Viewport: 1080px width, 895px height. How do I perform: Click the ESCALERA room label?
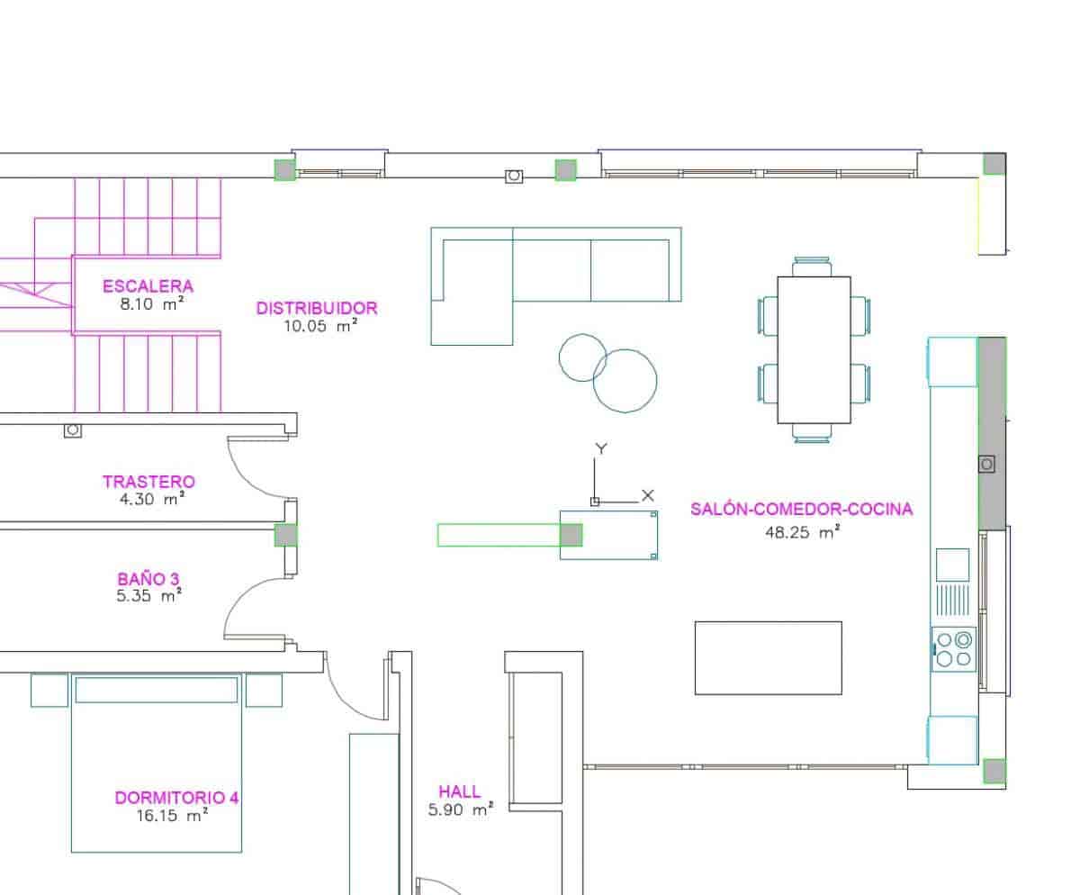[x=148, y=286]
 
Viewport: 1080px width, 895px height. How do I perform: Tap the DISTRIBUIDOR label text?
[x=317, y=308]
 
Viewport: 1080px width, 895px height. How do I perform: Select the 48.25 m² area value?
[x=802, y=532]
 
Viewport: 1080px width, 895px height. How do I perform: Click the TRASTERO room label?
[x=148, y=482]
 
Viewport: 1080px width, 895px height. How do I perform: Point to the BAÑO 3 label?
[x=148, y=578]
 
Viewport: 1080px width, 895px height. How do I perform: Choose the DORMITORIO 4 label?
[x=176, y=798]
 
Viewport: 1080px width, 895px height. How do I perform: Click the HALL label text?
[x=460, y=791]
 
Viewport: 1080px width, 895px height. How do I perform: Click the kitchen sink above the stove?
[x=953, y=565]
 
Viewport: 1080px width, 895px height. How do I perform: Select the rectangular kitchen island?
[x=768, y=657]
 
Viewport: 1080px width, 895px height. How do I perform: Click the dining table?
[x=814, y=349]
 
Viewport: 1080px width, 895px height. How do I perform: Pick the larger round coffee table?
[x=625, y=381]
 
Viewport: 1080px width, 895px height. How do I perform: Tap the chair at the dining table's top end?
[x=813, y=267]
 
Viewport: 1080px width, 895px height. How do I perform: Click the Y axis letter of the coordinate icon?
[x=602, y=448]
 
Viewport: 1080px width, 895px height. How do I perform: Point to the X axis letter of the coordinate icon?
[x=648, y=495]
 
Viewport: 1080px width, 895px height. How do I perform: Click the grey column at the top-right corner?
[x=994, y=163]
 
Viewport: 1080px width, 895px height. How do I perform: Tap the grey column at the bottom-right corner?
[x=994, y=771]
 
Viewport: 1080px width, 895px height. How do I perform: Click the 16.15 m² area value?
[x=173, y=817]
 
